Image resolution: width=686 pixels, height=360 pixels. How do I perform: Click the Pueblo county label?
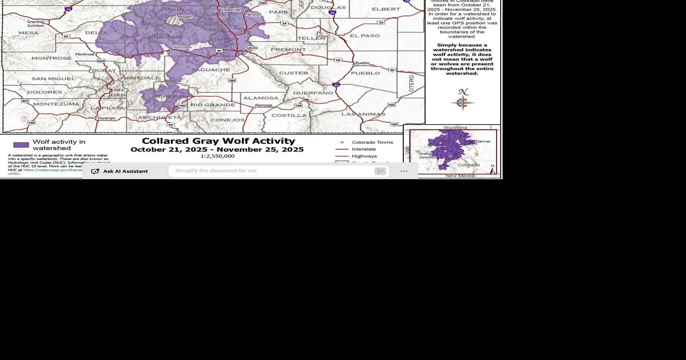point(365,73)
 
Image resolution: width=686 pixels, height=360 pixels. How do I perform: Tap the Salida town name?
point(252,48)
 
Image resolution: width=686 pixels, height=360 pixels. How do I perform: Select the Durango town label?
point(106,118)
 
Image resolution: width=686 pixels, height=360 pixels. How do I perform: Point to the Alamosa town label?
point(263,105)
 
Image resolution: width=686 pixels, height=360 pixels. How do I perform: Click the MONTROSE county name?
point(52,58)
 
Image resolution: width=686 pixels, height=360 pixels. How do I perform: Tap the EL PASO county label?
point(365,36)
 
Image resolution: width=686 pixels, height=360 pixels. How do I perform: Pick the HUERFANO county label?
point(313,93)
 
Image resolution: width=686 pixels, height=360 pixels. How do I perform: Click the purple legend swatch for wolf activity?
point(21,145)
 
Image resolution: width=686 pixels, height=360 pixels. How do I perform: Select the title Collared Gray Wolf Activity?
point(218,141)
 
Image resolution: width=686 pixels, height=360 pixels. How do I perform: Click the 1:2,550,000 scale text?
point(217,156)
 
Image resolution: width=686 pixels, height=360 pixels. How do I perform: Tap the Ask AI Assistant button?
point(120,171)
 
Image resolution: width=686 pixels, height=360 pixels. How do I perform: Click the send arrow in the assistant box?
point(380,171)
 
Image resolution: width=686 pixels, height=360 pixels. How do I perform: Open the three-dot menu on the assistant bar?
point(404,171)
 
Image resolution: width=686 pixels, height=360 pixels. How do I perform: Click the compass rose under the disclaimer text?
point(463,102)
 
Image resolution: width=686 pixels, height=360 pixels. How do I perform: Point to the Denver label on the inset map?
point(483,141)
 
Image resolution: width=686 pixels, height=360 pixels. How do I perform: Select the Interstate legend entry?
point(364,149)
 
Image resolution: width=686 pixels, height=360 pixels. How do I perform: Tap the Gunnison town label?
point(182,47)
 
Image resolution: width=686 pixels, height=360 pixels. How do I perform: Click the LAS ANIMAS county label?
point(363,114)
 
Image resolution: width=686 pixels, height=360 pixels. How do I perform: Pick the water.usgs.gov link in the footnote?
point(52,170)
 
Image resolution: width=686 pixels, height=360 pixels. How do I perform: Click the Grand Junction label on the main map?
point(36,23)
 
